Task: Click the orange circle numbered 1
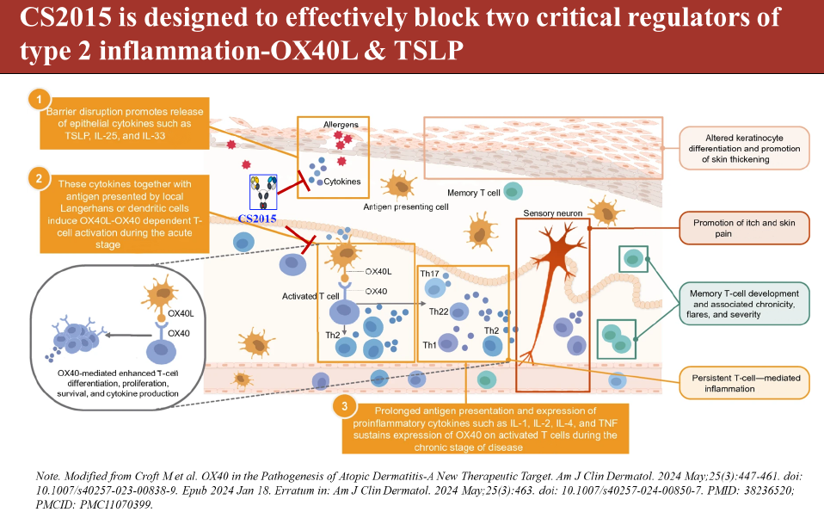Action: (37, 100)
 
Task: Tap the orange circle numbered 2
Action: (37, 179)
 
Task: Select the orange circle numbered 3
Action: (344, 406)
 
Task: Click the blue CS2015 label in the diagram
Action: (258, 219)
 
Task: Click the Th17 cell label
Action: (430, 274)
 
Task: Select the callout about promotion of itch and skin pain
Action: (744, 227)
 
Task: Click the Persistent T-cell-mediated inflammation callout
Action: (744, 382)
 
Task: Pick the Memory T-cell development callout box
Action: (744, 304)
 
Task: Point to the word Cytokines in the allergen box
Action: (341, 182)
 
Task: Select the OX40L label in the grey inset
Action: (180, 314)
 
